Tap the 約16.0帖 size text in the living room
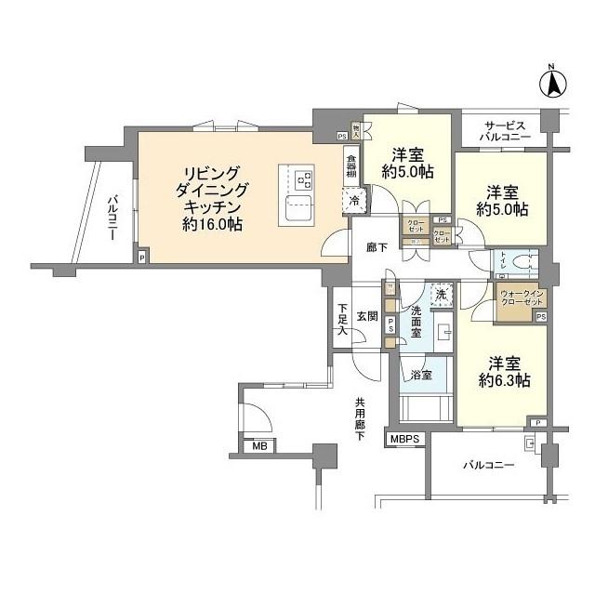[214, 224]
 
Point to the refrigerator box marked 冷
[354, 199]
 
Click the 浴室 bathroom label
[420, 375]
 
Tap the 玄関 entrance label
[367, 316]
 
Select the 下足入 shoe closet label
[341, 318]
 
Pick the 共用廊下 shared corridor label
[359, 419]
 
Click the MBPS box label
[405, 438]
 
